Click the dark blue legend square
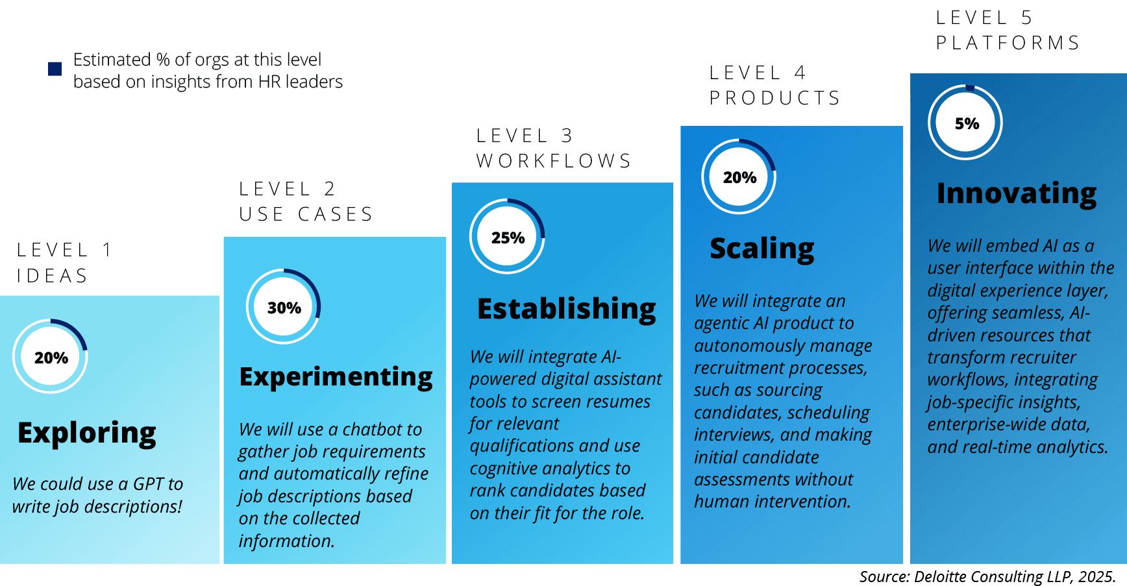(55, 69)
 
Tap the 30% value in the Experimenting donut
(284, 308)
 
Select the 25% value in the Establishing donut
(508, 238)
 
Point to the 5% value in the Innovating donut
(967, 123)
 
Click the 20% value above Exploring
(51, 358)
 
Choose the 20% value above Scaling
(739, 177)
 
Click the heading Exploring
(87, 433)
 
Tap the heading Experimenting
(336, 377)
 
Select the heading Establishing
(567, 309)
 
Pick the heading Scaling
(762, 249)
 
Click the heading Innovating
(1017, 193)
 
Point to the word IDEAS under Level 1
(52, 276)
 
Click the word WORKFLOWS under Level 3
(554, 161)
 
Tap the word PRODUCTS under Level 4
(774, 98)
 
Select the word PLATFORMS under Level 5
(1008, 43)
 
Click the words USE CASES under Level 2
(306, 214)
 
